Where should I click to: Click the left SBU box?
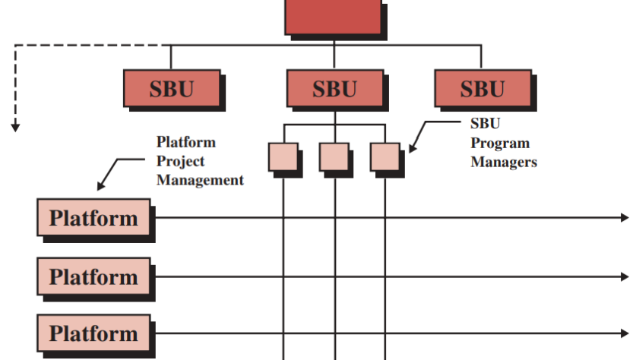(x=171, y=89)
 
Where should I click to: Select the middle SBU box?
(x=334, y=89)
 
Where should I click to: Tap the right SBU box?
(x=481, y=89)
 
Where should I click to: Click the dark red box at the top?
(x=333, y=16)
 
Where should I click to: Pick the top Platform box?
(x=94, y=218)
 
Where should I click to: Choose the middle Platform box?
(x=94, y=276)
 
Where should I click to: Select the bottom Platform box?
(x=94, y=333)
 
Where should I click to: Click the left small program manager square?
(x=283, y=156)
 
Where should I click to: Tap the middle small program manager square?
(x=334, y=156)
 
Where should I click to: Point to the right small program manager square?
(x=385, y=156)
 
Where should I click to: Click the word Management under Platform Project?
(x=200, y=180)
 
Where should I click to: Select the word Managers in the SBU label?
(x=504, y=162)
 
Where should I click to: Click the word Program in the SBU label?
(x=500, y=143)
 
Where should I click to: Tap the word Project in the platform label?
(x=181, y=161)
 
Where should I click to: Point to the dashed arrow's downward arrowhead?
(x=14, y=127)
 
